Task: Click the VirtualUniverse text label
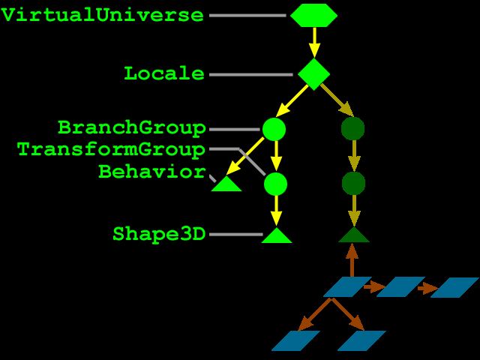click(102, 15)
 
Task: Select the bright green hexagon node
click(313, 15)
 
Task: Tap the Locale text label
click(164, 73)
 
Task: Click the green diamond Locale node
click(313, 74)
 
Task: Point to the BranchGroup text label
click(132, 127)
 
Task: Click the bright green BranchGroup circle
click(274, 129)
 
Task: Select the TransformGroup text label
click(111, 149)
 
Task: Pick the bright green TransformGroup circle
click(275, 184)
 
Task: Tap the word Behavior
click(151, 172)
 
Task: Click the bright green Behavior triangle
click(226, 184)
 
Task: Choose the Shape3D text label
click(159, 234)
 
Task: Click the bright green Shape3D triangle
click(277, 236)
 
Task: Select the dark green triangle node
click(354, 235)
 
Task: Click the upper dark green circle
click(353, 129)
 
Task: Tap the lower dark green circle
click(353, 183)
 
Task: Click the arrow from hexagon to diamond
click(314, 43)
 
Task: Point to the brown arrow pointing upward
click(352, 260)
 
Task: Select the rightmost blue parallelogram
click(454, 287)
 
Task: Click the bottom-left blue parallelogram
click(296, 340)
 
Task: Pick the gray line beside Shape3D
click(236, 235)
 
